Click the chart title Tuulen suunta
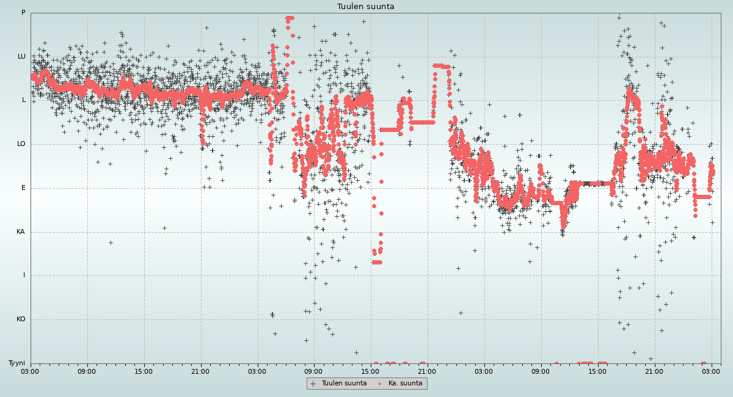coord(366,7)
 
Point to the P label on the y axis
coord(23,13)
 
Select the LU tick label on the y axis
coord(21,57)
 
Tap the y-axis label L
coord(24,100)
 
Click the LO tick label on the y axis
coord(21,144)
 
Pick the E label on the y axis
coord(24,188)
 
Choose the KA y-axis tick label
coord(21,232)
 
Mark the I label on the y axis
coord(24,275)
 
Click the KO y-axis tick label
coord(21,319)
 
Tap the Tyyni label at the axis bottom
coord(16,363)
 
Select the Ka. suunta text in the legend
coord(406,384)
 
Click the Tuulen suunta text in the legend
coord(344,384)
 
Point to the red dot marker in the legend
coord(380,384)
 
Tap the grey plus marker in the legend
coord(313,384)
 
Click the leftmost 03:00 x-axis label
coord(31,371)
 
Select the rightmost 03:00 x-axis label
coord(711,371)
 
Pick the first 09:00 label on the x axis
coord(87,371)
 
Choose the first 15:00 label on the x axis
coord(144,371)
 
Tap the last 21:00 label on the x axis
coord(654,371)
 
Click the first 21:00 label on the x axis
coord(200,371)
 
